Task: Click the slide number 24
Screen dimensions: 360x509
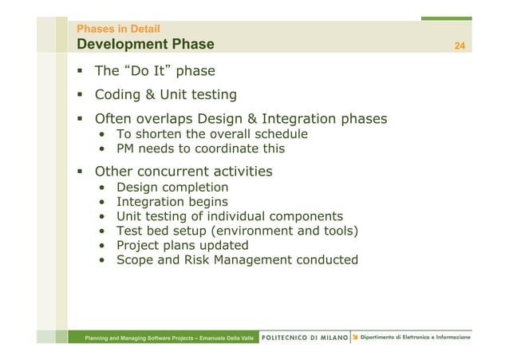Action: (x=459, y=45)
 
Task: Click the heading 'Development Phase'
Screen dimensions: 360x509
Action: (x=145, y=44)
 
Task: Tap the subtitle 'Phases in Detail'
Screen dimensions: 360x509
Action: (x=117, y=29)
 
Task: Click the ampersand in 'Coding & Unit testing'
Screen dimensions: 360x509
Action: (x=150, y=95)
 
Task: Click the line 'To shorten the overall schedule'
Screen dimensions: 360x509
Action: (x=211, y=134)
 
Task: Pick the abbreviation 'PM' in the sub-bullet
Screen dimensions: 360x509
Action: (x=126, y=148)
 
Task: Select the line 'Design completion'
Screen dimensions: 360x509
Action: (x=172, y=188)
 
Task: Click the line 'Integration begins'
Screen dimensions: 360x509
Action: (x=172, y=202)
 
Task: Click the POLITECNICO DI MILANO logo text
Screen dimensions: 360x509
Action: (x=305, y=338)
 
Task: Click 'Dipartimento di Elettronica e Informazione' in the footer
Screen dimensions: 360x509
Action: (x=415, y=338)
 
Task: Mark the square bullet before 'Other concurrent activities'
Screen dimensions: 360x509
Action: (x=81, y=171)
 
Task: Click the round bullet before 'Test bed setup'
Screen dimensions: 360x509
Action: (x=105, y=231)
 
